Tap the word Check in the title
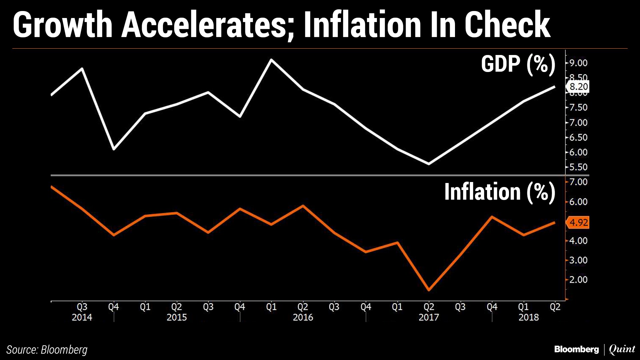[507, 25]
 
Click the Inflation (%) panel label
[500, 192]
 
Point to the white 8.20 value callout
[578, 87]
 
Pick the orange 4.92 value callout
[578, 222]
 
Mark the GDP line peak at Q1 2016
[271, 60]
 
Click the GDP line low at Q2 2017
[429, 164]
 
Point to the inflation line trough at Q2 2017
[429, 290]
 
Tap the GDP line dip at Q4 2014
[114, 149]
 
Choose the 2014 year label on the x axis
[82, 317]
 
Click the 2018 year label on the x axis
[529, 317]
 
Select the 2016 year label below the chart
[303, 317]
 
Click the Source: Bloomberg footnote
[47, 350]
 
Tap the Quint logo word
[622, 349]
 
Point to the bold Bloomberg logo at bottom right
[576, 349]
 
